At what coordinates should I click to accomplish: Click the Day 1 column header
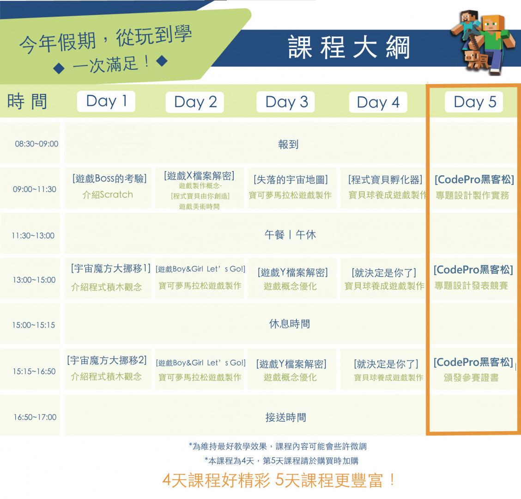tap(106, 101)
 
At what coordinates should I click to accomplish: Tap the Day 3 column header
tap(286, 102)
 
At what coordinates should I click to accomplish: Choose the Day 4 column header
tap(378, 102)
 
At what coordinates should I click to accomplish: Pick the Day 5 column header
tap(474, 102)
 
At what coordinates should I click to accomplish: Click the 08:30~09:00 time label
tap(36, 144)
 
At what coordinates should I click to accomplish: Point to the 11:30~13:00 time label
tap(33, 235)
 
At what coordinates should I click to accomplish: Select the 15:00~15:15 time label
tap(34, 325)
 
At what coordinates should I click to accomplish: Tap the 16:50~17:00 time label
tap(35, 417)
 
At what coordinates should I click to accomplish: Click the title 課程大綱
tap(349, 48)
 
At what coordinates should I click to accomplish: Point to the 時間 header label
tap(27, 101)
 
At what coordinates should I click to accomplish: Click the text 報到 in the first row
tap(288, 144)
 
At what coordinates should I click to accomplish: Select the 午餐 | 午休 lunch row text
tap(290, 235)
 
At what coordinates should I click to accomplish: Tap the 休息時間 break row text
tap(290, 324)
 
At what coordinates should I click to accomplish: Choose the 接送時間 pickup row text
tap(286, 417)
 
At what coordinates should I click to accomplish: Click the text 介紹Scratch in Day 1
tap(107, 195)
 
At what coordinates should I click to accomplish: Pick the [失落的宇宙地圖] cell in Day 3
tap(291, 179)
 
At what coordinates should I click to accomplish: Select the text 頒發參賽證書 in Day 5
tap(471, 377)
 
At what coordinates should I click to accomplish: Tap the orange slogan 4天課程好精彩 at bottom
tap(216, 481)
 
